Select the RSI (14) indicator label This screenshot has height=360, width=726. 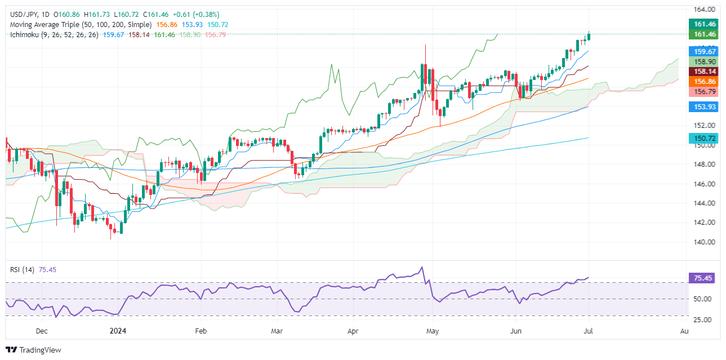(23, 269)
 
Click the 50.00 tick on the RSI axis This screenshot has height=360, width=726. (703, 299)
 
